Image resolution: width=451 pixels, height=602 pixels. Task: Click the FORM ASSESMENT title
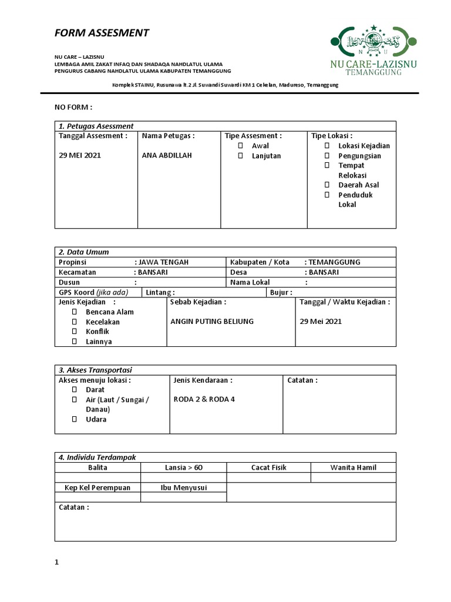tap(102, 33)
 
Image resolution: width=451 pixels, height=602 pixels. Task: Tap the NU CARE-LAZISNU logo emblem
tap(373, 41)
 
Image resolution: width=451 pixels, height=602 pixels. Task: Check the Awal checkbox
tap(240, 146)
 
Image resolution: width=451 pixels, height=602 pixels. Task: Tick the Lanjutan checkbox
tap(240, 156)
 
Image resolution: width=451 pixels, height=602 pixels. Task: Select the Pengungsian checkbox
tap(327, 156)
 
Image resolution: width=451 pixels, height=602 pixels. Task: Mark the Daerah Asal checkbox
tap(327, 185)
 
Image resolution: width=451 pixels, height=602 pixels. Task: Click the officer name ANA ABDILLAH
tap(167, 156)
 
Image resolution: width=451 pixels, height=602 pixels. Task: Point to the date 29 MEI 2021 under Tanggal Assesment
tap(80, 156)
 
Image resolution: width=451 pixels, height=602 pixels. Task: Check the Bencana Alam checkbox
tap(75, 312)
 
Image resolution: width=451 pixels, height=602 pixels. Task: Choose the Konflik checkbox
tap(75, 332)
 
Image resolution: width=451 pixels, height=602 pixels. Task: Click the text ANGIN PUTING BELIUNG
tap(211, 322)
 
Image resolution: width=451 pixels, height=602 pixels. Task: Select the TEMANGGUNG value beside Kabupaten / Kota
tap(334, 262)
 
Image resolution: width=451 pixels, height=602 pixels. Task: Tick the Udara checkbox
tap(75, 420)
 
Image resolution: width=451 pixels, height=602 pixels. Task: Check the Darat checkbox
tap(75, 390)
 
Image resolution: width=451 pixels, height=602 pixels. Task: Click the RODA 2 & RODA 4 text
tap(204, 399)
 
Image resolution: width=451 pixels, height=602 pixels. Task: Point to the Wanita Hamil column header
tap(354, 468)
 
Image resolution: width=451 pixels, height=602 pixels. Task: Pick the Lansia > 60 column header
tap(183, 468)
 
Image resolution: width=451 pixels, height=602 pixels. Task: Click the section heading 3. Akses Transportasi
tap(95, 370)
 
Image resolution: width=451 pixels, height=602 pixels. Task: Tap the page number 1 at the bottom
tap(57, 563)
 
